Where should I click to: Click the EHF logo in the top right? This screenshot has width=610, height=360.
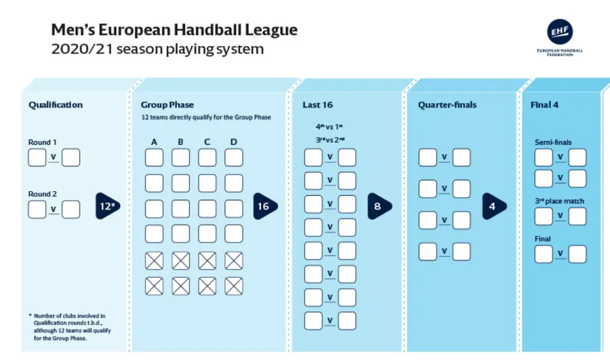click(560, 33)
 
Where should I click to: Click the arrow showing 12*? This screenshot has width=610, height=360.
click(107, 206)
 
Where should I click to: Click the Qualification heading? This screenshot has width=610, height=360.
click(56, 105)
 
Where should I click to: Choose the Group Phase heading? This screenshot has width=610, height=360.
click(167, 105)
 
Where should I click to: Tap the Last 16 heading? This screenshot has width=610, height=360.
click(317, 105)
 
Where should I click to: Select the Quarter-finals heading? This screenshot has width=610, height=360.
click(447, 105)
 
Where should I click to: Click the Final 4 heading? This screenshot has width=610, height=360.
click(545, 105)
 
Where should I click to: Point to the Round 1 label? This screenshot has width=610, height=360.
click(43, 142)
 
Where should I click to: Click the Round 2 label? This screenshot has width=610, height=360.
click(43, 194)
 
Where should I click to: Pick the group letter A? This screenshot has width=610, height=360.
click(154, 142)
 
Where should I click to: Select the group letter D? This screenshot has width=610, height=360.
click(234, 142)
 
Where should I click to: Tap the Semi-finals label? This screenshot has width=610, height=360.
click(553, 142)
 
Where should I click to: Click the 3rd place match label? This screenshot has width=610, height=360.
click(559, 201)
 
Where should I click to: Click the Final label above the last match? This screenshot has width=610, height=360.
click(543, 239)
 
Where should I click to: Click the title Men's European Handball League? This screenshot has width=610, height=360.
click(174, 31)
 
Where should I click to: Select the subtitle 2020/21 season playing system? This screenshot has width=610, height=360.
click(157, 49)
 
